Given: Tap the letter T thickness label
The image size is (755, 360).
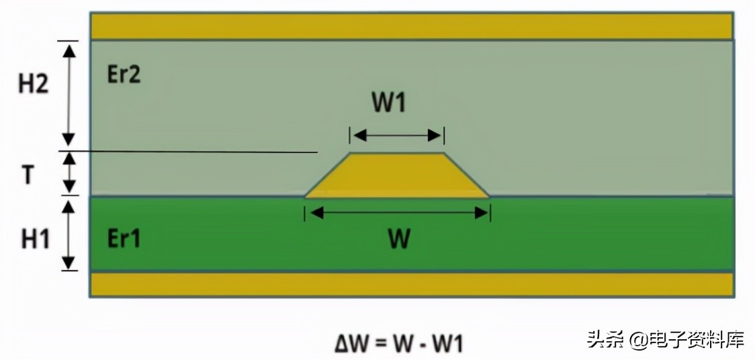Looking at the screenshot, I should pyautogui.click(x=28, y=175).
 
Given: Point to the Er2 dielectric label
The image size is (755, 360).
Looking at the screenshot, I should pyautogui.click(x=124, y=74).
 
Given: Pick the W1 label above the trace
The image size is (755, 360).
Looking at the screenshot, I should pyautogui.click(x=390, y=103).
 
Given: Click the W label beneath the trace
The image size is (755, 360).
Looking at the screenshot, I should pyautogui.click(x=399, y=238).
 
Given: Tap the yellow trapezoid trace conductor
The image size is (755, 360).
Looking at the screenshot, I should pyautogui.click(x=396, y=176).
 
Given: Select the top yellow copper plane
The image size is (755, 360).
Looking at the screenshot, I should pyautogui.click(x=411, y=26).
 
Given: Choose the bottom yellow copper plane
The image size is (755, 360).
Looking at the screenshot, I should pyautogui.click(x=411, y=284).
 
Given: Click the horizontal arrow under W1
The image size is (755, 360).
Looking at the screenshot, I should pyautogui.click(x=396, y=136).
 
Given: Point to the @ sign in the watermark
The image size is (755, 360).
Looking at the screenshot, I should pyautogui.click(x=637, y=340).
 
